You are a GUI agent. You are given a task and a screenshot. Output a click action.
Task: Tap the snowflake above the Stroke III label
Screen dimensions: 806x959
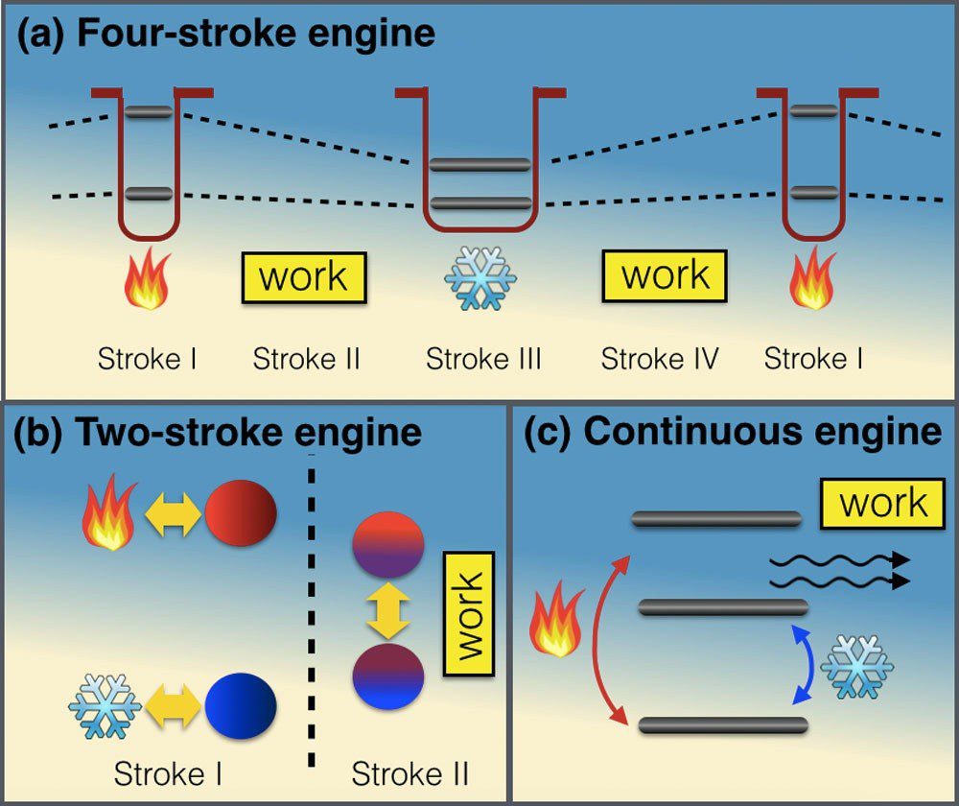point(480,278)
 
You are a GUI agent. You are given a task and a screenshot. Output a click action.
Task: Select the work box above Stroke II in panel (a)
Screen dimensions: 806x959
point(303,278)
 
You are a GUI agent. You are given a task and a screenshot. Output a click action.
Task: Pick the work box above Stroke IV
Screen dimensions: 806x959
point(665,276)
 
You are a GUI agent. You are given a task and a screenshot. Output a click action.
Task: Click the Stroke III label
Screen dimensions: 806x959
point(483,360)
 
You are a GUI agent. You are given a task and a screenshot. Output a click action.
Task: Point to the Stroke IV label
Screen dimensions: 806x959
point(660,360)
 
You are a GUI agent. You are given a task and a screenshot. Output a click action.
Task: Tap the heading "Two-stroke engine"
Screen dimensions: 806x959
point(247,433)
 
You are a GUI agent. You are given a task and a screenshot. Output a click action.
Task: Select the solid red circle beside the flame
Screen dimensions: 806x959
point(241,513)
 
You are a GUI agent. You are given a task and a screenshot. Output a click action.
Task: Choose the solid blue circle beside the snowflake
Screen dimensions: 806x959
point(241,706)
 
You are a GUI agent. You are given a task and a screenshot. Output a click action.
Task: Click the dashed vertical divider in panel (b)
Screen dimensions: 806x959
point(311,614)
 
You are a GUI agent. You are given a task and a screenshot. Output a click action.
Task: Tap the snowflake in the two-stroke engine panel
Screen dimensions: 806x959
point(105,706)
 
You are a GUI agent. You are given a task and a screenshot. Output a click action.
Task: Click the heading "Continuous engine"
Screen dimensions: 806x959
point(762,433)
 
